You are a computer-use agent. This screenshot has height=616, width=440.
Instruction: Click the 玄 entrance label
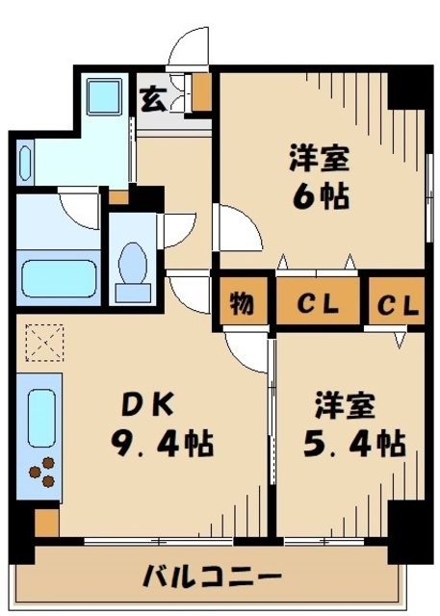pyautogui.click(x=153, y=97)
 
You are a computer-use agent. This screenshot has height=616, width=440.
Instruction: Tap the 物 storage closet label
pyautogui.click(x=241, y=306)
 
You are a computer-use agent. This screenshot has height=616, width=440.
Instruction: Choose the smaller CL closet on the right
pyautogui.click(x=397, y=306)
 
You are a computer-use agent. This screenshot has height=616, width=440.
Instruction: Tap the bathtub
pyautogui.click(x=59, y=269)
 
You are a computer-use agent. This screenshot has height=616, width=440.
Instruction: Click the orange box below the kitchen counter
pyautogui.click(x=46, y=522)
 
